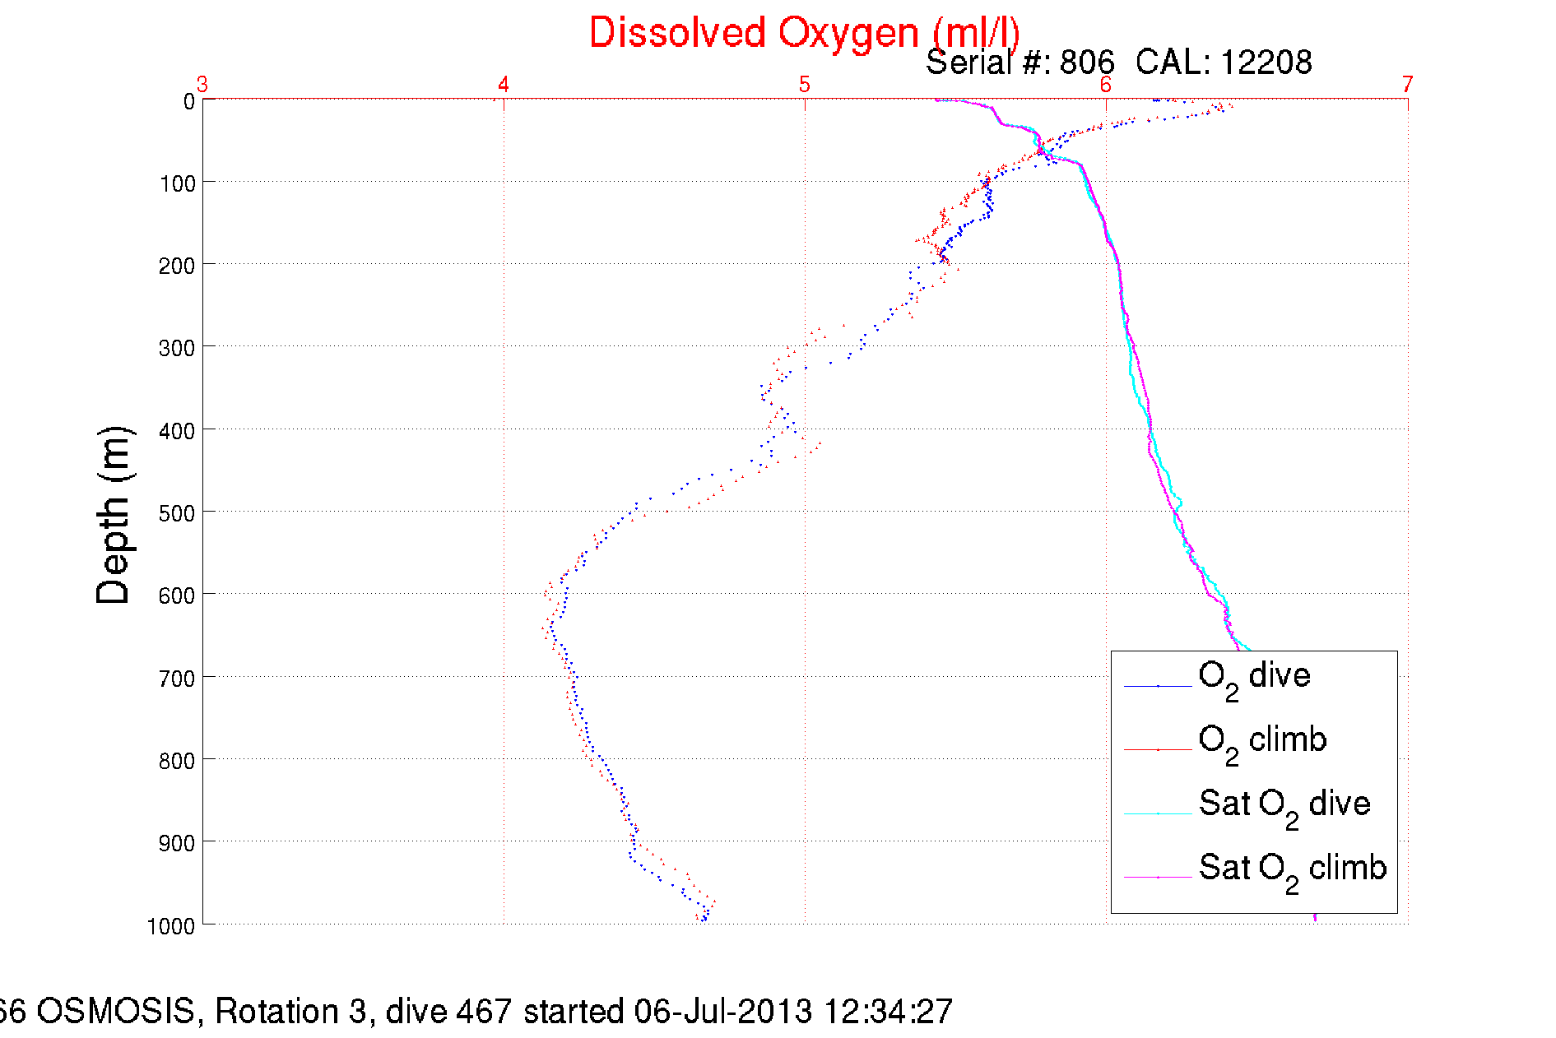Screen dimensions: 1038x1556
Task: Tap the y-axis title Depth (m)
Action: click(x=114, y=516)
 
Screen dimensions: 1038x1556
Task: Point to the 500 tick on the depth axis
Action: click(x=177, y=513)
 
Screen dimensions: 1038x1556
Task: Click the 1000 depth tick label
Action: click(x=171, y=926)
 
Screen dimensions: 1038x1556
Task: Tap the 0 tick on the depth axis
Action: click(x=189, y=101)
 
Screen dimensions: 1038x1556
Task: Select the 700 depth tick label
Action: click(x=177, y=679)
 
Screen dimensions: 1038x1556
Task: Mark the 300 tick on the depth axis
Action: click(x=177, y=348)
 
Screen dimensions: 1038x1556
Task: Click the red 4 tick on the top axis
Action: click(x=504, y=84)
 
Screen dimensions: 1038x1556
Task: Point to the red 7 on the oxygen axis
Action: click(x=1408, y=84)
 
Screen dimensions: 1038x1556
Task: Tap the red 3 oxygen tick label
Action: click(x=202, y=84)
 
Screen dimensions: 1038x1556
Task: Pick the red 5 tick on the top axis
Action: click(x=805, y=84)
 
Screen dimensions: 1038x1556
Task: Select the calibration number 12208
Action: click(x=1266, y=63)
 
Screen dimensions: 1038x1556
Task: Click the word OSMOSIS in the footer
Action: click(x=115, y=1011)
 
